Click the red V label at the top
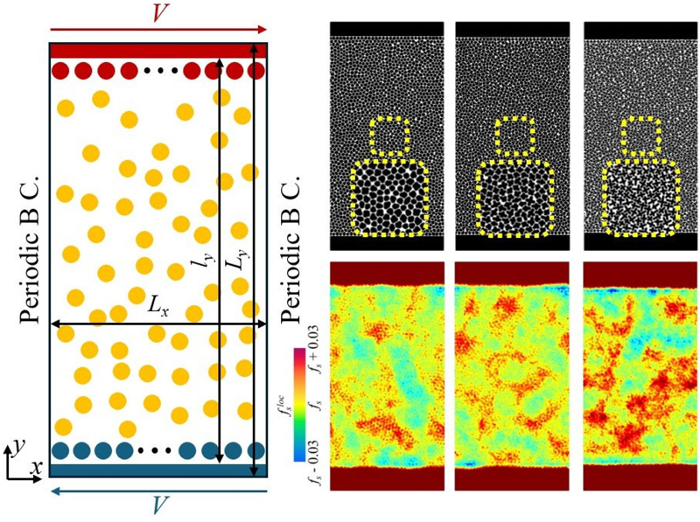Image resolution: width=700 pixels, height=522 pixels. click(x=158, y=13)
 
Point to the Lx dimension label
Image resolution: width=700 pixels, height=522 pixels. click(x=158, y=309)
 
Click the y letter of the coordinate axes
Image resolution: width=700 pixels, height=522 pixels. click(x=17, y=446)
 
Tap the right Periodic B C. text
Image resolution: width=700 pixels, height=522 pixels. click(x=294, y=261)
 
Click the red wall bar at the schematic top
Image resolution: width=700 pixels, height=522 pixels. click(x=158, y=50)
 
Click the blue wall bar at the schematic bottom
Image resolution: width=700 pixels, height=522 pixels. click(x=158, y=470)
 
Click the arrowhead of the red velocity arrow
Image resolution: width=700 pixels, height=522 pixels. click(x=261, y=30)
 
